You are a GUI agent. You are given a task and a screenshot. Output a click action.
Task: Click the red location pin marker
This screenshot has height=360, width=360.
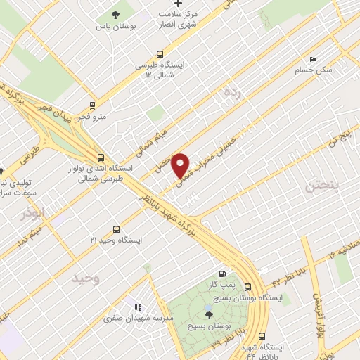[181, 165]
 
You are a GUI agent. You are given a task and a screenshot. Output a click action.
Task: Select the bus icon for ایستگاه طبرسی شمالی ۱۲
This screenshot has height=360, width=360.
[161, 53]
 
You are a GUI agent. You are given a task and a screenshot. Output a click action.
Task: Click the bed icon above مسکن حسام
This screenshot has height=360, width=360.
[313, 59]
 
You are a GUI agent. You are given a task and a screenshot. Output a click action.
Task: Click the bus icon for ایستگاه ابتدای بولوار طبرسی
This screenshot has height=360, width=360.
[101, 157]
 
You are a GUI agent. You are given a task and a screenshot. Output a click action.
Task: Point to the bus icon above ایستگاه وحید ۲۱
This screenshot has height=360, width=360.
[116, 229]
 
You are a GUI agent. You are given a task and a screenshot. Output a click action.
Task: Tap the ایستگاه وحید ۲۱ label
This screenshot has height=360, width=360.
[116, 240]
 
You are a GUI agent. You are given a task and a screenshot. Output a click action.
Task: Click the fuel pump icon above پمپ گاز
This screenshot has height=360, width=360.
[223, 274]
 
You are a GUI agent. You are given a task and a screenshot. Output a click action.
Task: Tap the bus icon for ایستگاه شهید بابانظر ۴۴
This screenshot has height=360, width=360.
[262, 336]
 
